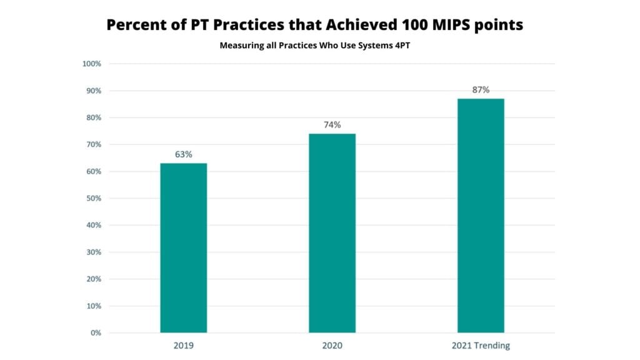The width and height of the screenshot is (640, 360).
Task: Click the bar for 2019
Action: tap(183, 247)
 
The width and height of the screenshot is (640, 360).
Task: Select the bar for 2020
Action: tap(332, 233)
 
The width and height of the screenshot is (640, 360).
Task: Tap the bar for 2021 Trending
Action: tap(481, 216)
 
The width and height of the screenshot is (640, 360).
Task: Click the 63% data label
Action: tap(183, 154)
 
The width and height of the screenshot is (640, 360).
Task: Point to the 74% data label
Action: tap(332, 124)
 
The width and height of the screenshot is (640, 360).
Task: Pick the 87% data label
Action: tap(481, 89)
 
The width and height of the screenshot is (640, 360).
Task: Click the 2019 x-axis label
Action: tap(183, 346)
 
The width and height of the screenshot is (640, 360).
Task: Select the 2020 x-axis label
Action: tap(332, 346)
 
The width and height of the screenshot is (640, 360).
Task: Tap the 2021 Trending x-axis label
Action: tap(481, 346)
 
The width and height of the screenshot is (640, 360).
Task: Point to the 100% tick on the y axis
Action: tap(91, 64)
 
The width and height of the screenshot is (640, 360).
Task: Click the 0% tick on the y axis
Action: tap(96, 332)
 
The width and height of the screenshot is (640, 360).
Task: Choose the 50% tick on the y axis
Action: tap(93, 198)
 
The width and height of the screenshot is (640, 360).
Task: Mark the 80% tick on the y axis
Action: tap(93, 117)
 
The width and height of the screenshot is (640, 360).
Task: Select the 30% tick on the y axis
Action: tap(93, 252)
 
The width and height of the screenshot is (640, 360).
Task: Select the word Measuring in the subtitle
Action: tap(241, 46)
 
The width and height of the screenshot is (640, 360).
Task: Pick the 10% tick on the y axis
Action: tap(93, 306)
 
